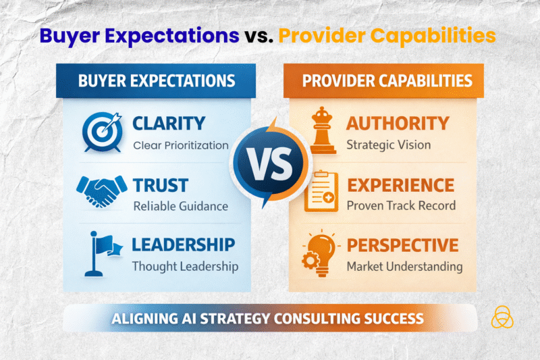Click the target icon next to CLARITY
[x=102, y=132]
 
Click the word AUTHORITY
[x=398, y=123]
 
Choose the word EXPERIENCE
[x=400, y=184]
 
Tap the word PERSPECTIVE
[x=402, y=245]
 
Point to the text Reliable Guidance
[x=180, y=205]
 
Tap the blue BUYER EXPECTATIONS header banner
[x=157, y=81]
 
